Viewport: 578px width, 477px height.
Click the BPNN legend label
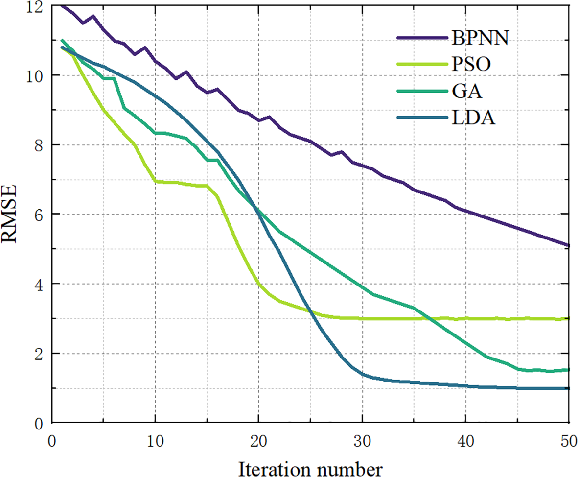pos(481,38)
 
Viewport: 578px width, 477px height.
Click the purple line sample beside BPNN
pos(421,38)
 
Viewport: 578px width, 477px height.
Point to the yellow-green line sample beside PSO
pos(421,64)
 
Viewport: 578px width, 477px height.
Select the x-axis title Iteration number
pos(310,466)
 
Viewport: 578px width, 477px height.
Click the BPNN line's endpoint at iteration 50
pos(569,245)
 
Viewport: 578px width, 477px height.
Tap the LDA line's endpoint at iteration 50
pos(569,388)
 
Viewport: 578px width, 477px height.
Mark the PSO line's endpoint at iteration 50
pos(569,318)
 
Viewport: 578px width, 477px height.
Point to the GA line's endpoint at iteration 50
pos(569,370)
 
